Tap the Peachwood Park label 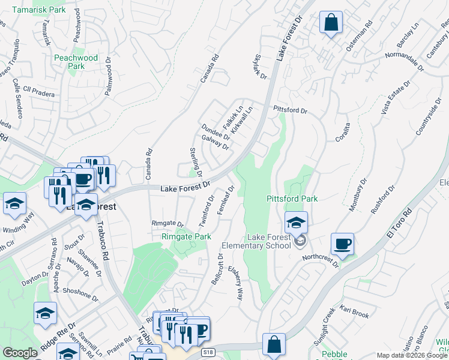pos(76,62)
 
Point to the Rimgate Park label pos(186,237)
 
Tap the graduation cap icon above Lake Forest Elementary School pos(295,223)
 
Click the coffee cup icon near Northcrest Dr pos(342,244)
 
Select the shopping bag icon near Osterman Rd pos(331,23)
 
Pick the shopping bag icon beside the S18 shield pos(274,346)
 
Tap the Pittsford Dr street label pos(290,111)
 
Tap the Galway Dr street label pos(215,142)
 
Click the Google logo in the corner pos(20,353)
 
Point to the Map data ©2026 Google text pos(412,355)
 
